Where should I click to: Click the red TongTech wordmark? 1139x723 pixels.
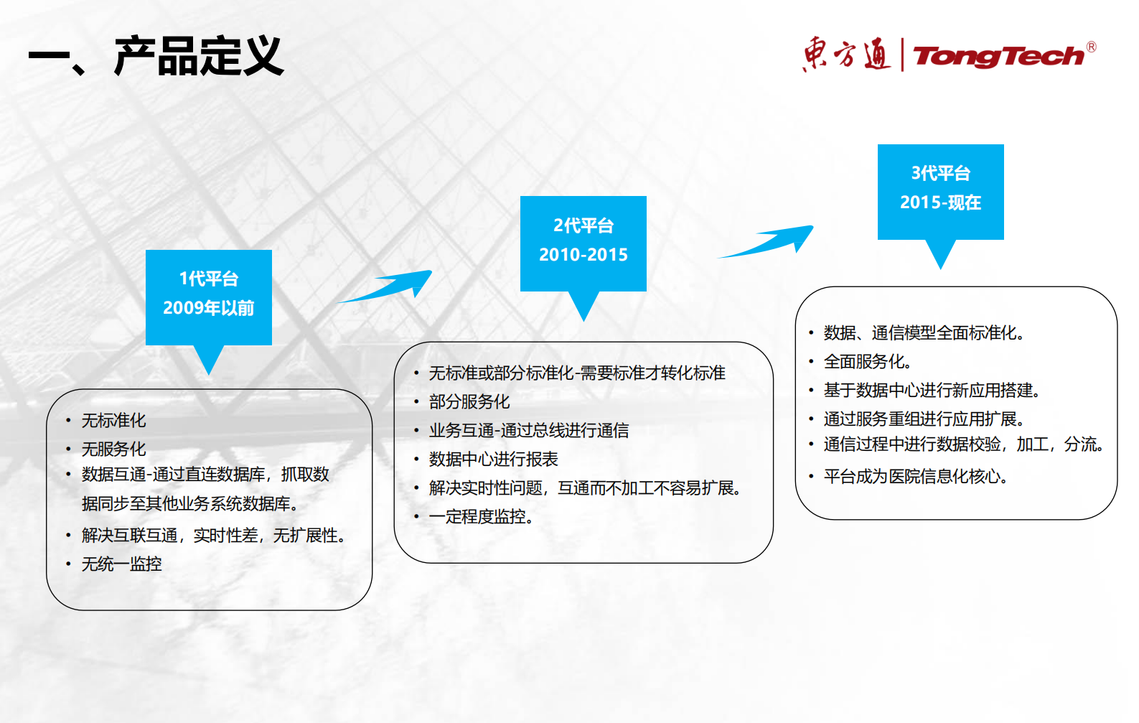(998, 56)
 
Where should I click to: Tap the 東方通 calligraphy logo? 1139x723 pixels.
(846, 55)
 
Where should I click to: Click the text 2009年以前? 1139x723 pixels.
(208, 308)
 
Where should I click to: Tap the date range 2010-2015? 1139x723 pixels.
(583, 255)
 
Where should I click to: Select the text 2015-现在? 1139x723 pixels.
(940, 202)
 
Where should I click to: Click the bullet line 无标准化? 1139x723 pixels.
(113, 420)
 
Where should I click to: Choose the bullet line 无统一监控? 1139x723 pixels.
(121, 564)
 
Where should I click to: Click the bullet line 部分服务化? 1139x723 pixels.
(469, 401)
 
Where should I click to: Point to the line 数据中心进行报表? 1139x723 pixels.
(493, 459)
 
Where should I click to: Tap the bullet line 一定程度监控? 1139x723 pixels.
(480, 516)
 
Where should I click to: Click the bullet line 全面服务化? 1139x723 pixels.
(867, 361)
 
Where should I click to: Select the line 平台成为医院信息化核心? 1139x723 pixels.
(915, 476)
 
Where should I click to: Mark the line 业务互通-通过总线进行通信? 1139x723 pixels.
(528, 430)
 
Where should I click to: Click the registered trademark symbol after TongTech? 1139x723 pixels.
(1091, 47)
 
